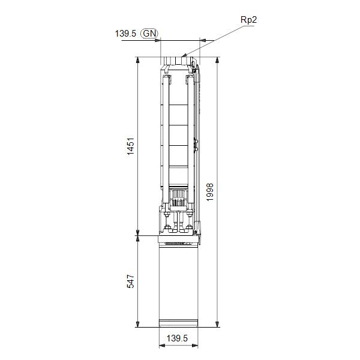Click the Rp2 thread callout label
[248, 20]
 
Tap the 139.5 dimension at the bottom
[178, 339]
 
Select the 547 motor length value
[131, 281]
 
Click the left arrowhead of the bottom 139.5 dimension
[161, 347]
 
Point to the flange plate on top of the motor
[178, 240]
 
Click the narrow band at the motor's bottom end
[178, 324]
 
